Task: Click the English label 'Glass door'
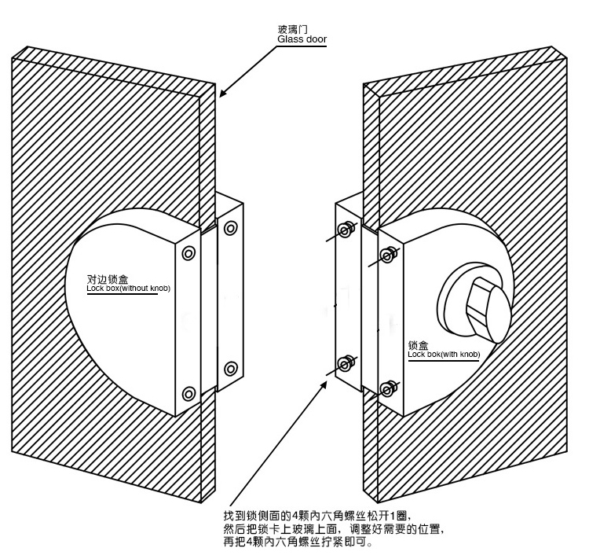(301, 39)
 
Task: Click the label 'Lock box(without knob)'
(128, 289)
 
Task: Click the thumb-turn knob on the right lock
(484, 306)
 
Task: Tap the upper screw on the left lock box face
(188, 253)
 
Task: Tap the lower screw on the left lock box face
(188, 394)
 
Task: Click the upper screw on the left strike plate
(230, 229)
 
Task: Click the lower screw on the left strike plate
(230, 367)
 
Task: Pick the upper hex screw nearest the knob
(386, 254)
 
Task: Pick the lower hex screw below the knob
(386, 388)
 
